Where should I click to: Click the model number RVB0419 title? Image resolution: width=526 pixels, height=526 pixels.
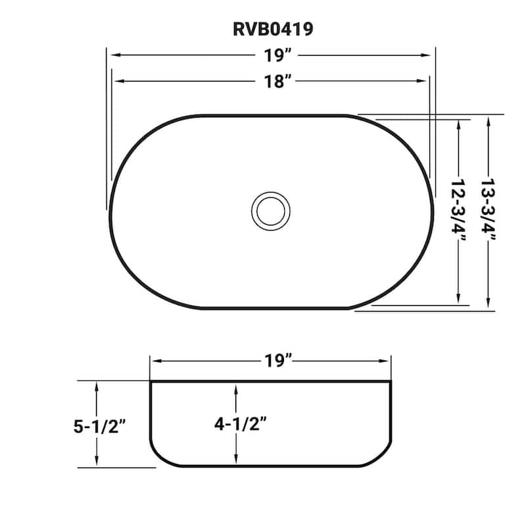click(271, 29)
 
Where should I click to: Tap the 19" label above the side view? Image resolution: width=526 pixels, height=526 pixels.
click(270, 360)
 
